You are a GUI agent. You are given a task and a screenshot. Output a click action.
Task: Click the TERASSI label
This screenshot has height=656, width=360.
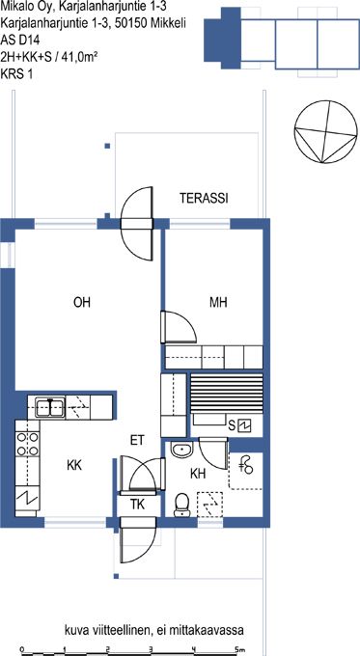tap(204, 199)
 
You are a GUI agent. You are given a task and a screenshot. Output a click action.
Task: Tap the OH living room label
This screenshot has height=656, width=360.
tap(82, 302)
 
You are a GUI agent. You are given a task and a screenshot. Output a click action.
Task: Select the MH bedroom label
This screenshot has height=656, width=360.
tap(218, 302)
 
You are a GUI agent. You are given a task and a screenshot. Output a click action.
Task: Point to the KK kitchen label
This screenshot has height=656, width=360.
tap(74, 465)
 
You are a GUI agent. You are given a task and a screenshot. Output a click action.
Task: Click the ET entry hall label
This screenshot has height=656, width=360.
tap(137, 440)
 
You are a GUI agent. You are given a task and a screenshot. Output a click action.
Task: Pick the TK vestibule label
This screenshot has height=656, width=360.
tap(137, 505)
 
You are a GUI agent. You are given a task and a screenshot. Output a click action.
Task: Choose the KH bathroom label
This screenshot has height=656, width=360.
tap(198, 474)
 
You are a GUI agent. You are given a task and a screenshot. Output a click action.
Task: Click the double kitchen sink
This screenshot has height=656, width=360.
tap(50, 407)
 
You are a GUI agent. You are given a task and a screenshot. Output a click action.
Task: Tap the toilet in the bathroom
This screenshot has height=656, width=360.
tap(181, 505)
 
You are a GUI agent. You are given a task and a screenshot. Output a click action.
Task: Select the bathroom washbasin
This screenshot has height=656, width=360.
tap(182, 450)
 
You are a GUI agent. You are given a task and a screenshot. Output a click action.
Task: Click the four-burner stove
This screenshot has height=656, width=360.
tap(27, 444)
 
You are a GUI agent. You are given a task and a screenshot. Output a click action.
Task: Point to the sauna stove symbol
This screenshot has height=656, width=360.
tap(243, 426)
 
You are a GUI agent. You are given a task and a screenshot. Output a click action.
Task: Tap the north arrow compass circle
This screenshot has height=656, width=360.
tap(325, 132)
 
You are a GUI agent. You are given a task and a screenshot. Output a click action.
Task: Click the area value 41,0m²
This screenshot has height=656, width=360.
tap(79, 57)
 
